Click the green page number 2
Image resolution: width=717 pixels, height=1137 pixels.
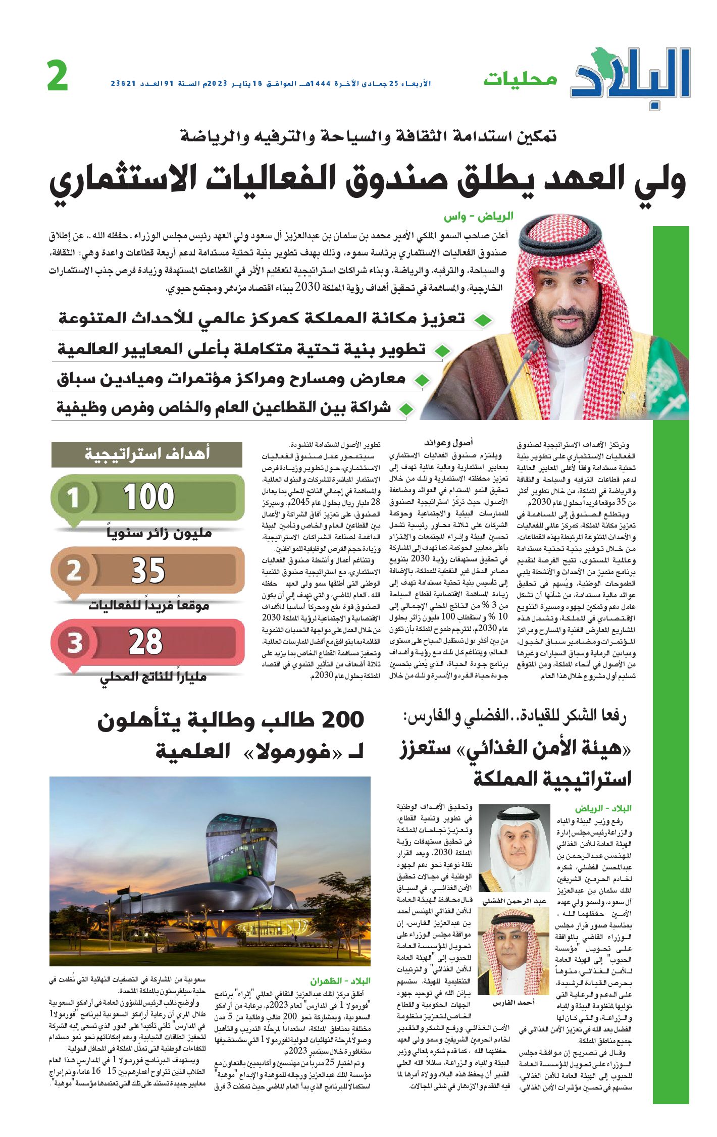coord(58,76)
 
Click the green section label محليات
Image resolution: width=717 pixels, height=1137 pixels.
coord(520,79)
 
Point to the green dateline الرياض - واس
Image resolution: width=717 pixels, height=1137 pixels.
coord(478,217)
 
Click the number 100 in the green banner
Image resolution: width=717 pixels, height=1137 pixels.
coord(149,497)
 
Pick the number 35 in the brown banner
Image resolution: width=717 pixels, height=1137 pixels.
coord(148,571)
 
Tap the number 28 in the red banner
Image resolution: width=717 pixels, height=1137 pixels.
coord(146,642)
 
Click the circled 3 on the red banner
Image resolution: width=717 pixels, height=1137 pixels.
coord(75,643)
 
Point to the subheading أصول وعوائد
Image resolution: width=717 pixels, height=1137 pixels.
coord(448,443)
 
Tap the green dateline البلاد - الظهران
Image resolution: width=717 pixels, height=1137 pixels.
coord(340,981)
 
